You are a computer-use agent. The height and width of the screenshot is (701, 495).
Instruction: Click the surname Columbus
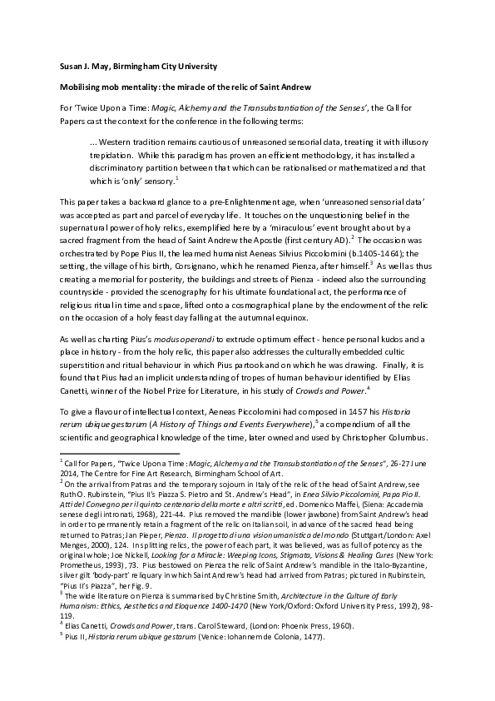(403, 438)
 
